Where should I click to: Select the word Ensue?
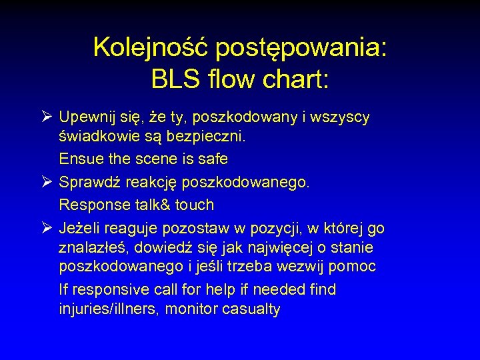[x=79, y=159]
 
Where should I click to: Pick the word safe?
[x=212, y=159]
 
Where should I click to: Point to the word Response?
[x=91, y=205]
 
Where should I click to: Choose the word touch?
[x=194, y=205]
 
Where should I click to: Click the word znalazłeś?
[x=93, y=248]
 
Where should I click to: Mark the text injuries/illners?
[x=109, y=309]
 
